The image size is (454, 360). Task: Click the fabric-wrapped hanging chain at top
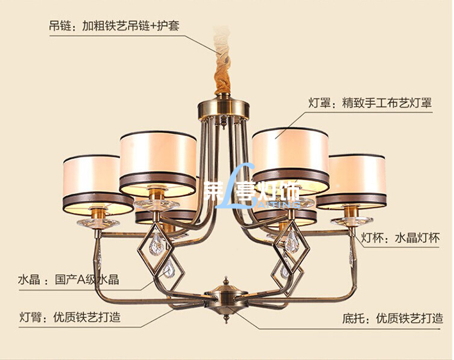[223, 71]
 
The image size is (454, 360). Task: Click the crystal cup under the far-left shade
[98, 222]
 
